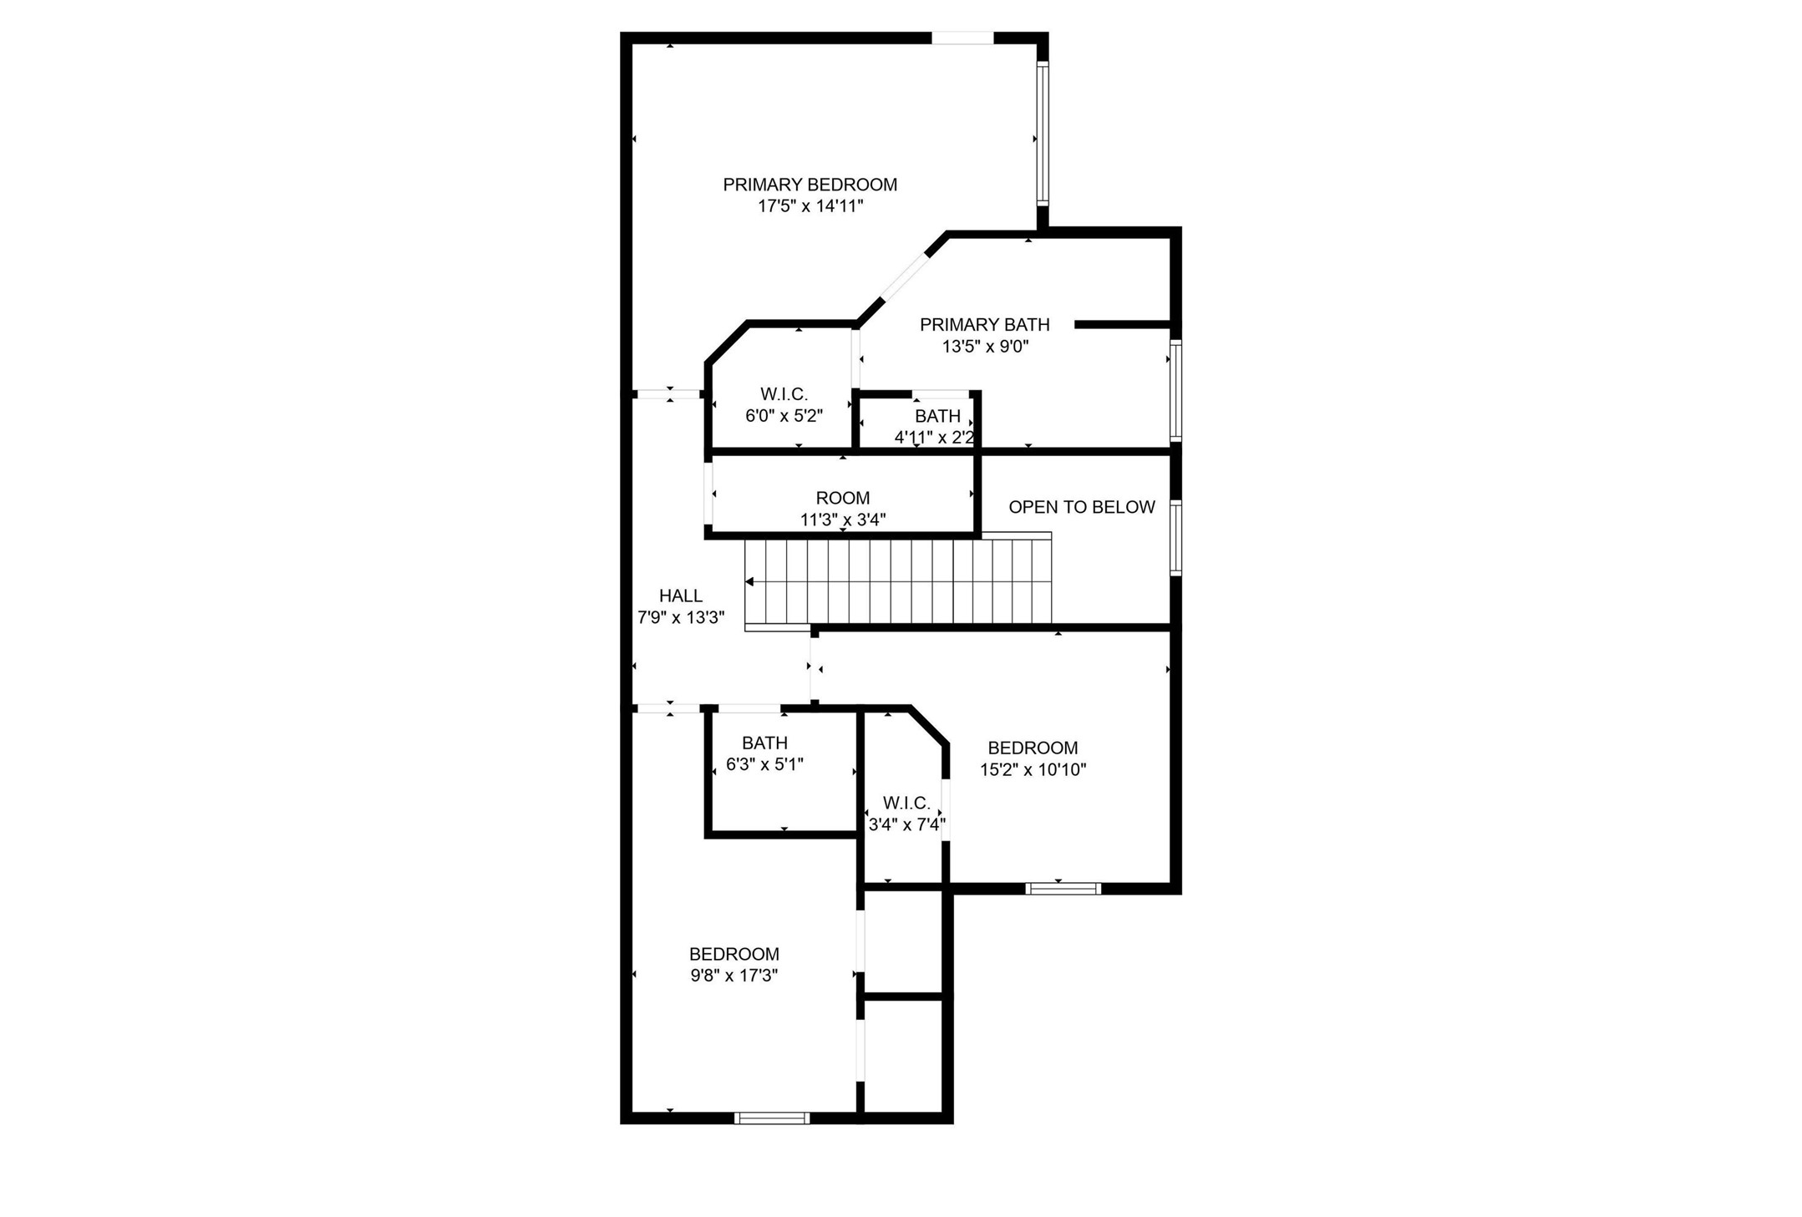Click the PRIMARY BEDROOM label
point(810,185)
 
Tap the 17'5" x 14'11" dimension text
point(810,206)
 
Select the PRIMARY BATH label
point(984,324)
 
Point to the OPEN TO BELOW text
point(1081,507)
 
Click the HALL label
point(680,596)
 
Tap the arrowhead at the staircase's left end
point(749,581)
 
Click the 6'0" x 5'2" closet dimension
point(784,416)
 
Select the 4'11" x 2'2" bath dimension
point(934,437)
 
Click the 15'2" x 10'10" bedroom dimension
point(1033,769)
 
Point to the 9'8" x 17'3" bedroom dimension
point(733,975)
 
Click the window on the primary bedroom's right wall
point(1042,134)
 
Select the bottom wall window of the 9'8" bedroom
point(771,1118)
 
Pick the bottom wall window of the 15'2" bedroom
point(1063,889)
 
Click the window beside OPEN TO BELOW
point(1175,537)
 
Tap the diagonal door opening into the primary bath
point(905,277)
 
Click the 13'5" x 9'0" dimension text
point(984,346)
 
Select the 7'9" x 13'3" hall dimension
point(680,617)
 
